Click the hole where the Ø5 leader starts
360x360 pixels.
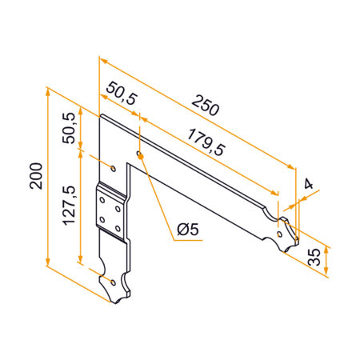point(139,154)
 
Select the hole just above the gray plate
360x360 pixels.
point(113,169)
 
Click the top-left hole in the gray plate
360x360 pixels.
point(102,201)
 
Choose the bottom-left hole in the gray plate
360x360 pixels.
point(102,218)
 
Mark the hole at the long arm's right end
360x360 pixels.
point(279,233)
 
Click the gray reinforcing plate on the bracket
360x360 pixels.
point(110,213)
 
